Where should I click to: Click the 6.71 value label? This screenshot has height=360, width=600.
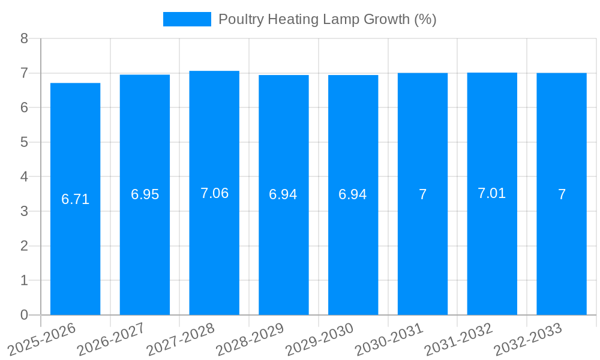(x=76, y=199)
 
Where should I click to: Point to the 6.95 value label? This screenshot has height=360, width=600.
(x=145, y=194)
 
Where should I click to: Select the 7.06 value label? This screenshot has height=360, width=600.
(x=214, y=193)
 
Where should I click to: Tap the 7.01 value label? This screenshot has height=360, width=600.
(x=492, y=193)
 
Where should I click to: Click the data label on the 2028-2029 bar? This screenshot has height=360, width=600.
(x=283, y=194)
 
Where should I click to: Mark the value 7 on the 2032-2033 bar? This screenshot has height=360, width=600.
(x=562, y=194)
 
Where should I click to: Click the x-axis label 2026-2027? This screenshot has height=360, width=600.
(x=111, y=338)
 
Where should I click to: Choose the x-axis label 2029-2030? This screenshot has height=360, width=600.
(x=319, y=338)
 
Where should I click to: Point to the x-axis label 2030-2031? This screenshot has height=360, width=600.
(x=389, y=338)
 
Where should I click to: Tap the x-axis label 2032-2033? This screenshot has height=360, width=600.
(x=527, y=338)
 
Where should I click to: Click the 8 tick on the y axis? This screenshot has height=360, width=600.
(x=24, y=38)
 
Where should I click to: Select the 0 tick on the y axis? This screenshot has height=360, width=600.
(x=24, y=315)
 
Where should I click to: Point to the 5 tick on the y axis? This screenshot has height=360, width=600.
(x=24, y=142)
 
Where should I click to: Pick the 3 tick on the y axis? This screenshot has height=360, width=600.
(x=24, y=211)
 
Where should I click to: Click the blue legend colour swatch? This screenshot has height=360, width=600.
(x=187, y=19)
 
